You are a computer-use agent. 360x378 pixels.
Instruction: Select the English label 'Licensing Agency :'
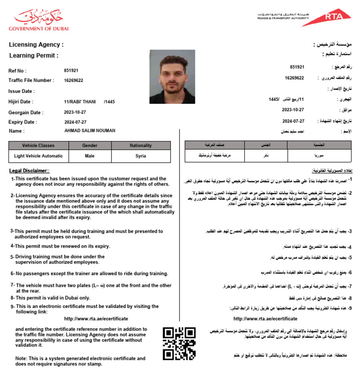(36, 45)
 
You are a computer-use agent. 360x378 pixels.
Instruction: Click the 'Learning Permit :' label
(34, 55)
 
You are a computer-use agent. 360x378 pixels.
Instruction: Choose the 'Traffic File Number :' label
(31, 81)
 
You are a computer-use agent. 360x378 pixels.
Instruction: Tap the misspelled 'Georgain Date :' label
(26, 113)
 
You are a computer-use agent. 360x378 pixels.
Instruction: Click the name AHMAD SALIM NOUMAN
(90, 131)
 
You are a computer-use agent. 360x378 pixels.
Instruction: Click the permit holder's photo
(172, 76)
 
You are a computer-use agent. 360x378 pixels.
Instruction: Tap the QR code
(179, 343)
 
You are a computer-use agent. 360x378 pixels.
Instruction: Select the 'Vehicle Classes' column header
(38, 145)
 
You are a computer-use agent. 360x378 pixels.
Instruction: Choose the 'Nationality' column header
(141, 145)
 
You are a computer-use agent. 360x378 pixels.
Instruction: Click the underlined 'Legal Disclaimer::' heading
(30, 171)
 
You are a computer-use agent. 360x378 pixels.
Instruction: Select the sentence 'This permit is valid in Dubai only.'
(52, 298)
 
